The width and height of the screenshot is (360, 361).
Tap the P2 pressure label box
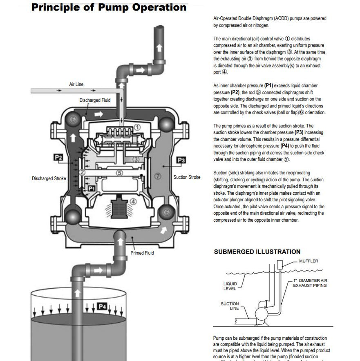point(58,157)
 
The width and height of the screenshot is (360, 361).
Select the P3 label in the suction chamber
point(181,160)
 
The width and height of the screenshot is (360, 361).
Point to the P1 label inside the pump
point(92,188)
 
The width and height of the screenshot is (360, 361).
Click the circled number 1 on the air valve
point(137,127)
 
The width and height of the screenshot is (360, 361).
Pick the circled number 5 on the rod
point(119,173)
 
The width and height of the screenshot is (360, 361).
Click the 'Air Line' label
point(76,85)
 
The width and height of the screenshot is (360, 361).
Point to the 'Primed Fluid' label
point(142,253)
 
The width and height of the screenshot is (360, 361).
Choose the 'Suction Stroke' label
point(187,177)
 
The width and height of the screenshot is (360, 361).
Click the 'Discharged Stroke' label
point(49,178)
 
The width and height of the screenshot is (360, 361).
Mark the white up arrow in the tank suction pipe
point(77,293)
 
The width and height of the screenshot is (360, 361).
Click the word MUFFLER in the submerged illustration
point(309,261)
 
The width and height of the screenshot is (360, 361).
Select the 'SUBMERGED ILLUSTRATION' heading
point(257,252)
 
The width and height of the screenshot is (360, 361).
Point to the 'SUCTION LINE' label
point(230,306)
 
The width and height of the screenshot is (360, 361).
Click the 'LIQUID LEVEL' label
point(230,286)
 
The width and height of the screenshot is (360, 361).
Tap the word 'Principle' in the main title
point(57,7)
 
